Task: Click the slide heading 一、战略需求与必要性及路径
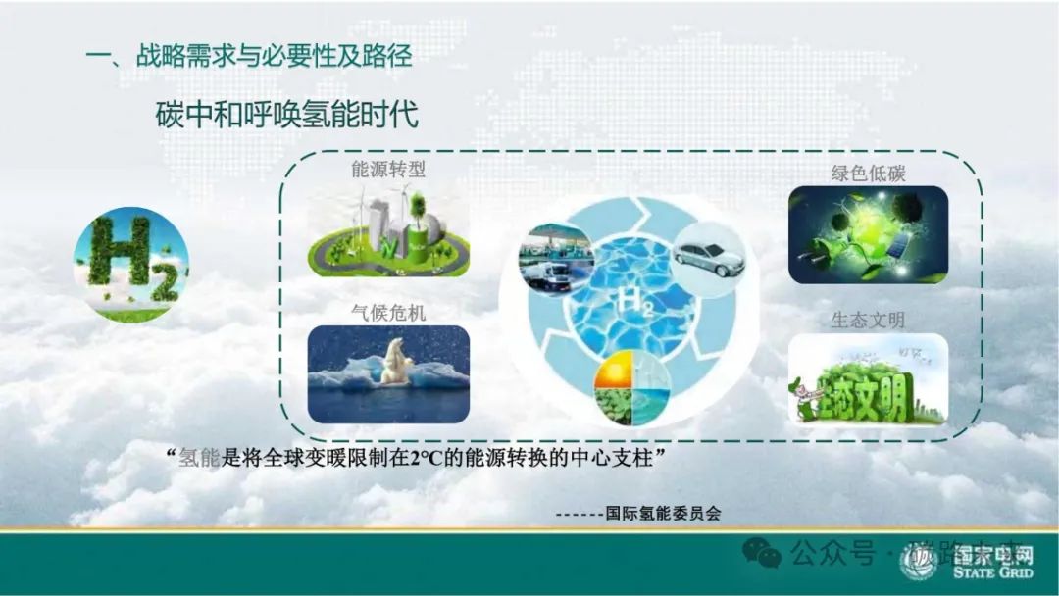[x=249, y=56]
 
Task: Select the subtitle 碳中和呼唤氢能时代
[x=287, y=115]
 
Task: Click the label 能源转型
[x=388, y=170]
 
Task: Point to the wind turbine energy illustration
[x=388, y=232]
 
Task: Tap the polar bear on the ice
[x=397, y=363]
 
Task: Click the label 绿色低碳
[x=868, y=174]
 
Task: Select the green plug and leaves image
[x=868, y=234]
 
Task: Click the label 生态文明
[x=868, y=321]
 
